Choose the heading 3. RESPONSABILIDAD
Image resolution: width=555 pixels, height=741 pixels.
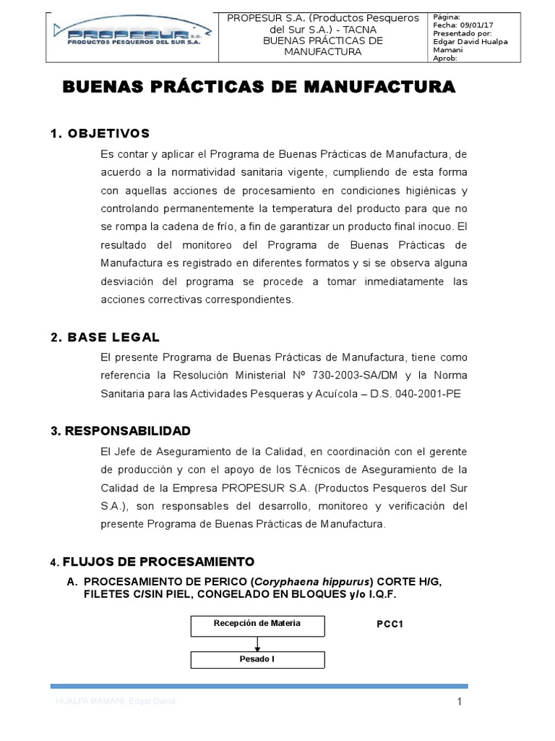120,431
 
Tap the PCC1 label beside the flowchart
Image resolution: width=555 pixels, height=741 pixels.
390,623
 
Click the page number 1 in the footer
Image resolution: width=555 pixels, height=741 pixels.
459,702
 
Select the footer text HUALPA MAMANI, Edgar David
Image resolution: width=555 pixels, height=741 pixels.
116,703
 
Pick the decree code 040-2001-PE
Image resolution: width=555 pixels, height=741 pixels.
429,394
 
